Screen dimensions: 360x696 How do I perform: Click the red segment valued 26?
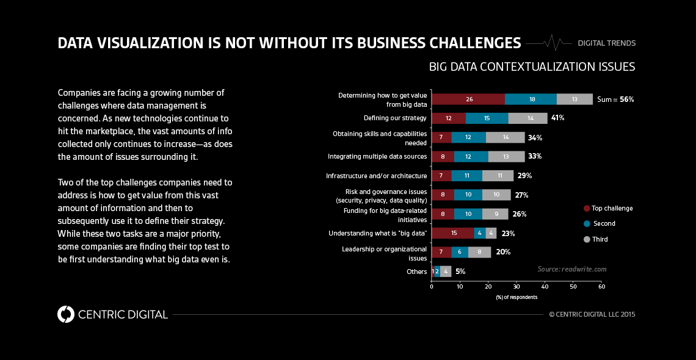pyautogui.click(x=468, y=99)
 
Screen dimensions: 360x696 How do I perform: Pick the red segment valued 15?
pyautogui.click(x=452, y=233)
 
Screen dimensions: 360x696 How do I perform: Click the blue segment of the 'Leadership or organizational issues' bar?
pyautogui.click(x=460, y=252)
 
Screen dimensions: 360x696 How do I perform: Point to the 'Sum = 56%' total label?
pyautogui.click(x=615, y=99)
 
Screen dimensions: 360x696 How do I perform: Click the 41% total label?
pyautogui.click(x=558, y=118)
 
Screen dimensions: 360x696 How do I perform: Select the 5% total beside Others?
pyautogui.click(x=460, y=272)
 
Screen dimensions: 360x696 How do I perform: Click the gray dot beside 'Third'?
pyautogui.click(x=587, y=239)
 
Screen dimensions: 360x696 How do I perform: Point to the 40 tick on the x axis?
pyautogui.click(x=545, y=286)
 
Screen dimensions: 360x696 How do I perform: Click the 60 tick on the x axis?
pyautogui.click(x=601, y=286)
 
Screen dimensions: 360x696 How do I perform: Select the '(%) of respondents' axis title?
pyautogui.click(x=517, y=297)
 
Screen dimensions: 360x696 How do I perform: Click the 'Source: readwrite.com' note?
pyautogui.click(x=572, y=269)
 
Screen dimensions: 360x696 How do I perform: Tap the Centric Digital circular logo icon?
pyautogui.click(x=65, y=314)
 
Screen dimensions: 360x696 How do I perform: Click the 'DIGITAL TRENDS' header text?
pyautogui.click(x=607, y=43)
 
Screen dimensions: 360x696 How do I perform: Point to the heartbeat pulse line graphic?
pyautogui.click(x=549, y=43)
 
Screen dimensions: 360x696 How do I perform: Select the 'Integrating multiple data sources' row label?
pyautogui.click(x=377, y=156)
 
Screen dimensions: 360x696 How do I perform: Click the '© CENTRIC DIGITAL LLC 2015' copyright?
pyautogui.click(x=592, y=314)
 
